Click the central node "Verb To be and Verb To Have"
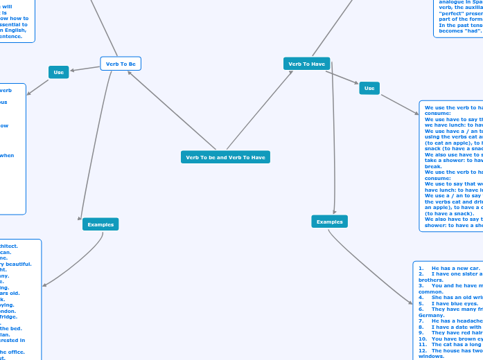click(225, 157)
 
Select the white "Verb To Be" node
click(121, 64)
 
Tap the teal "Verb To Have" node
click(306, 64)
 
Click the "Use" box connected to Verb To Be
click(59, 72)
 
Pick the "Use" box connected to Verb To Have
click(369, 88)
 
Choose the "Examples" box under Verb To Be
click(100, 224)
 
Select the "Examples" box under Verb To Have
click(329, 222)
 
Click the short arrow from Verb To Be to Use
click(85, 68)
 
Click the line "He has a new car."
click(455, 268)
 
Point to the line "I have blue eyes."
click(455, 303)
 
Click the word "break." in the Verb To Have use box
click(432, 165)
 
